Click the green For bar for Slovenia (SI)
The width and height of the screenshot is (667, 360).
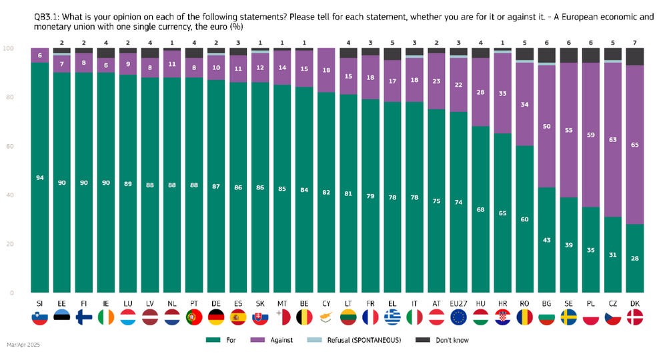(39, 177)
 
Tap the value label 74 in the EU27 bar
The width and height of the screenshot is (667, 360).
(458, 201)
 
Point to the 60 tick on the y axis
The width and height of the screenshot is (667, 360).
(10, 146)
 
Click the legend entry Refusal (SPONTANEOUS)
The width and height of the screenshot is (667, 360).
(364, 340)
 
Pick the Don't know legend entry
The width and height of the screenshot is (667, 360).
(450, 340)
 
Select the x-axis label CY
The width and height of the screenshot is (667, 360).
(325, 304)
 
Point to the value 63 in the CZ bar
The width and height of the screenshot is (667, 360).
(613, 140)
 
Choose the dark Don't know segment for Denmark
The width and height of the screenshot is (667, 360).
(635, 57)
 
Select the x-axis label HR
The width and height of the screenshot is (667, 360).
(503, 304)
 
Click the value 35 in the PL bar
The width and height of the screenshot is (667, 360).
(591, 250)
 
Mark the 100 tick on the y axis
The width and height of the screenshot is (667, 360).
(9, 49)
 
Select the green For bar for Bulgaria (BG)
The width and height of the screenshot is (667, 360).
(547, 240)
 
